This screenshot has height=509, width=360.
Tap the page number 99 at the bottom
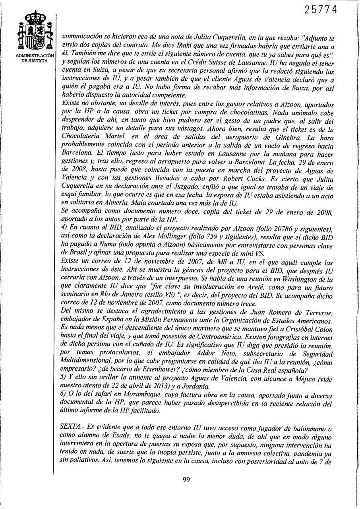186,479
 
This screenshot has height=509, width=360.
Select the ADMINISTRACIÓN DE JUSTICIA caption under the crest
33,58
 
